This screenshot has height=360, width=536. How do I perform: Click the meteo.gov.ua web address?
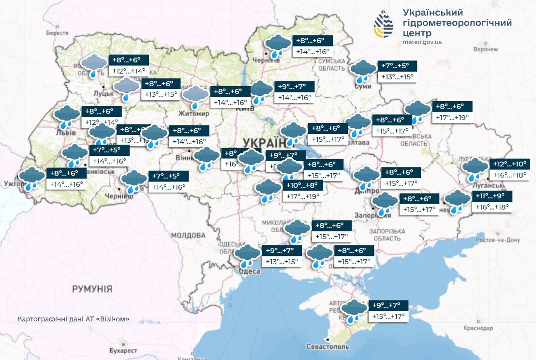point(422,42)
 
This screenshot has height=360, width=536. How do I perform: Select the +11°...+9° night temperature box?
point(491,196)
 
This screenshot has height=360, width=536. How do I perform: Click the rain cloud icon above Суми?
point(363,71)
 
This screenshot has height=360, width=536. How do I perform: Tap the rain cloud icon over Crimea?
point(354,310)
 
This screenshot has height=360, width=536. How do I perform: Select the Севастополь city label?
point(327,347)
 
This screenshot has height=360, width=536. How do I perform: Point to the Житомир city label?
point(194,114)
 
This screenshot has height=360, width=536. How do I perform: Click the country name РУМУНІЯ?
point(92,289)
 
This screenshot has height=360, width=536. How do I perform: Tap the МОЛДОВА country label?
point(188,235)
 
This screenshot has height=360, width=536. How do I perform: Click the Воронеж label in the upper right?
point(486,49)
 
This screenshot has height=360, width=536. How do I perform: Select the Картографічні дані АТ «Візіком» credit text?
point(74,319)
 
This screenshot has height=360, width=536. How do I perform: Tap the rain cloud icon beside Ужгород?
point(31,178)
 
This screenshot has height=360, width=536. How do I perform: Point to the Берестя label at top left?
point(57,33)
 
